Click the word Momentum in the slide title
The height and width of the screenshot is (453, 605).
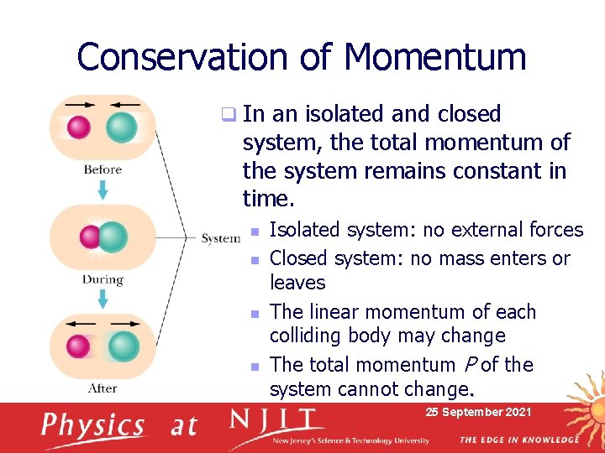coord(434,57)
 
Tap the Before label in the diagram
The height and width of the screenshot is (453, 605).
coord(103,169)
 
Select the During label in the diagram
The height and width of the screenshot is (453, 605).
coord(103,279)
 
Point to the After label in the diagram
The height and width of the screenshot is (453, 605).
coord(103,388)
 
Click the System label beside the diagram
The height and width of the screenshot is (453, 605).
coord(220,238)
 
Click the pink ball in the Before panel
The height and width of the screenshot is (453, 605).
coord(79,127)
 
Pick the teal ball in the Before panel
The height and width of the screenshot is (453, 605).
coord(122,127)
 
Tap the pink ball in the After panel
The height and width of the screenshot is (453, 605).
coord(79,346)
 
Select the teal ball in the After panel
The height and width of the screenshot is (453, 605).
coord(124,346)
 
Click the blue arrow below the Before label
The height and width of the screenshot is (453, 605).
coord(103,190)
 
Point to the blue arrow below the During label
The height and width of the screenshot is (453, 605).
coord(103,299)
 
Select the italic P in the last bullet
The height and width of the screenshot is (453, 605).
coord(468,365)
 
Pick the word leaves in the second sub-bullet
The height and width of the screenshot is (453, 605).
coord(297,283)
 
